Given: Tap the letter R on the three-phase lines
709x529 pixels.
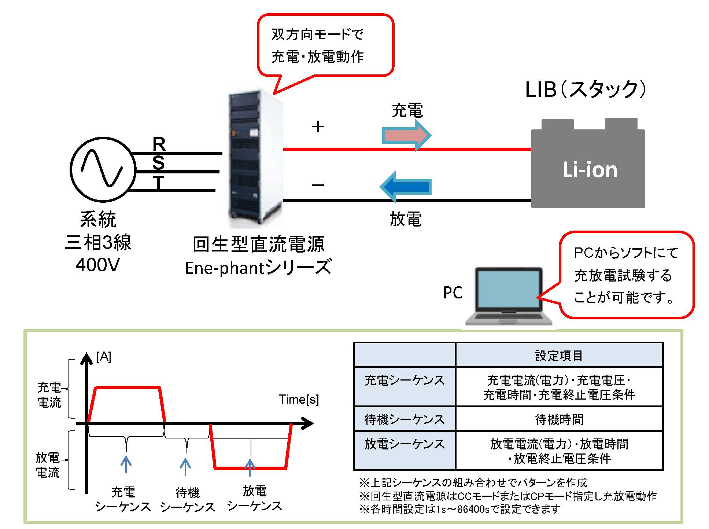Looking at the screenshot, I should [x=159, y=144].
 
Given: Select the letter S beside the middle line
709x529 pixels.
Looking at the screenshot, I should [x=158, y=162].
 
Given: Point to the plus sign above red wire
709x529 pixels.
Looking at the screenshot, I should [x=318, y=127].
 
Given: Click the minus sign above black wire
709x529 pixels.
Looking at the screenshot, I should [x=318, y=185].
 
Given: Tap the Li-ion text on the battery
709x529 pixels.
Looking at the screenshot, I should [x=590, y=170].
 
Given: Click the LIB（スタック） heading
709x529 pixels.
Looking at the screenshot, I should [x=585, y=89].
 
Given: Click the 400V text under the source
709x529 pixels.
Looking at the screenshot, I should [x=97, y=265].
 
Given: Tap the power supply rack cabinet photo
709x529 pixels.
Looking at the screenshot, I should [x=255, y=158].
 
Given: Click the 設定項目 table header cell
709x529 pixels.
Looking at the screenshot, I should [x=559, y=355].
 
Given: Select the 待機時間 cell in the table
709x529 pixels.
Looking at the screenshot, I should [x=559, y=419].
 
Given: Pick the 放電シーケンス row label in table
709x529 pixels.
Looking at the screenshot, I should [x=405, y=444].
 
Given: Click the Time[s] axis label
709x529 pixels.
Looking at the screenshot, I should [x=299, y=399].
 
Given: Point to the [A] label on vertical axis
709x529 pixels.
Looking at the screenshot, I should [x=104, y=357].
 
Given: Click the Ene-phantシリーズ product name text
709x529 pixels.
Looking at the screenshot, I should [x=258, y=268].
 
